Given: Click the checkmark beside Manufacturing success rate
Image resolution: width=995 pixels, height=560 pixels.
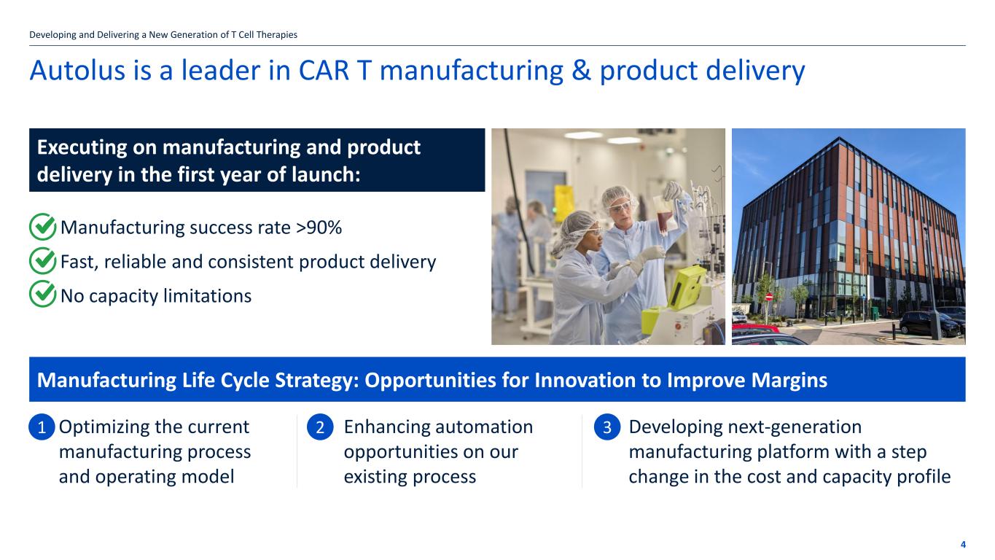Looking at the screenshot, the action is click(42, 227).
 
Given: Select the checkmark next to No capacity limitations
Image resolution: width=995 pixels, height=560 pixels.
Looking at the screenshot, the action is click(42, 295).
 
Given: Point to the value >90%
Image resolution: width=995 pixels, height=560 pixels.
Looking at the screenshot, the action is click(319, 227).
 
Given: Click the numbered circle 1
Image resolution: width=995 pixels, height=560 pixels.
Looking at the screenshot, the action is click(42, 427).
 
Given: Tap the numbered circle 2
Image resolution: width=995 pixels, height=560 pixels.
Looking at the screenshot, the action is click(320, 427).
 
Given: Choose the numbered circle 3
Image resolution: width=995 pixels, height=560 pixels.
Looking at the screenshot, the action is click(606, 427).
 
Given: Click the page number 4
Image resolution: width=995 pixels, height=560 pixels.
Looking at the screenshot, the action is click(963, 545).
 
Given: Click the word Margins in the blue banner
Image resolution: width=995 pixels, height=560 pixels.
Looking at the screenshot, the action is click(789, 381).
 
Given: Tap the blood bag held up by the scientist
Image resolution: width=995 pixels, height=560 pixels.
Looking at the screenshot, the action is click(663, 214).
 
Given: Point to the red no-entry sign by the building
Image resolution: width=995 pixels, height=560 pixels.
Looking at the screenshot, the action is click(769, 297).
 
